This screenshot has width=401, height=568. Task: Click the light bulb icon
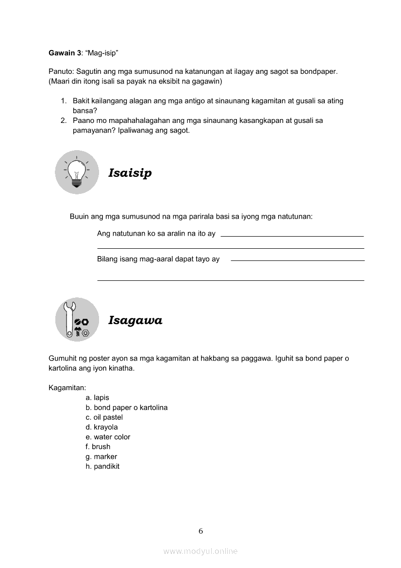77,172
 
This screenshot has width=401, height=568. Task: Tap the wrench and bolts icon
77,319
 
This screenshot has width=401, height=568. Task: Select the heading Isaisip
130,173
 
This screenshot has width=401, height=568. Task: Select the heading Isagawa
135,320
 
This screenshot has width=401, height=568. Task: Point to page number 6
200,531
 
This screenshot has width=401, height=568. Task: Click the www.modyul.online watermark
200,551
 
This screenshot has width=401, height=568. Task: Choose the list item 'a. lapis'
97,397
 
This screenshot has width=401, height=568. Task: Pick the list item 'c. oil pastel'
104,417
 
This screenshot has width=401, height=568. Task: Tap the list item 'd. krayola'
101,427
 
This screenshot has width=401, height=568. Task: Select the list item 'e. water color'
108,437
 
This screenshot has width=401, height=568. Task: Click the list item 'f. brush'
98,447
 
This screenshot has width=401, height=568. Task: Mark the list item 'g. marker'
101,457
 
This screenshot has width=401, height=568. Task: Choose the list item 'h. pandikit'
102,466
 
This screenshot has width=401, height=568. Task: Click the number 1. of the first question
64,101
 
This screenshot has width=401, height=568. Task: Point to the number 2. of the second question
64,120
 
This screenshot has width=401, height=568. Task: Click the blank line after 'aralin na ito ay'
292,236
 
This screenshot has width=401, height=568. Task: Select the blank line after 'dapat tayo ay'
298,260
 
